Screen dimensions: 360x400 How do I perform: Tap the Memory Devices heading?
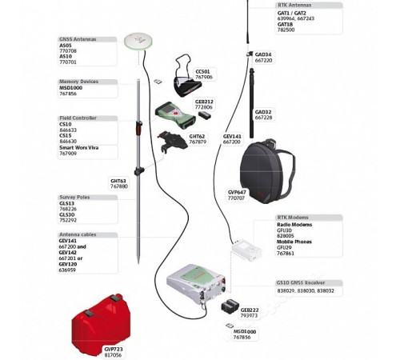(x=78, y=82)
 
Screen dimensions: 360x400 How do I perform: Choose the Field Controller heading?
(x=78, y=118)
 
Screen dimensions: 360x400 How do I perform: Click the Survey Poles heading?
(x=74, y=197)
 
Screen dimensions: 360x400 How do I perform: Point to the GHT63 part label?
(x=118, y=181)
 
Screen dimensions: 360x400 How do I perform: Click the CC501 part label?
(x=203, y=71)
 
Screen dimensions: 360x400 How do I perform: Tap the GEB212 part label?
(x=204, y=102)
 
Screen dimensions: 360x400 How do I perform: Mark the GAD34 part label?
(x=263, y=55)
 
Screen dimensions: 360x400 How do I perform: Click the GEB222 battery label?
(x=250, y=310)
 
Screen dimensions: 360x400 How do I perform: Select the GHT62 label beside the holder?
(x=197, y=136)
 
